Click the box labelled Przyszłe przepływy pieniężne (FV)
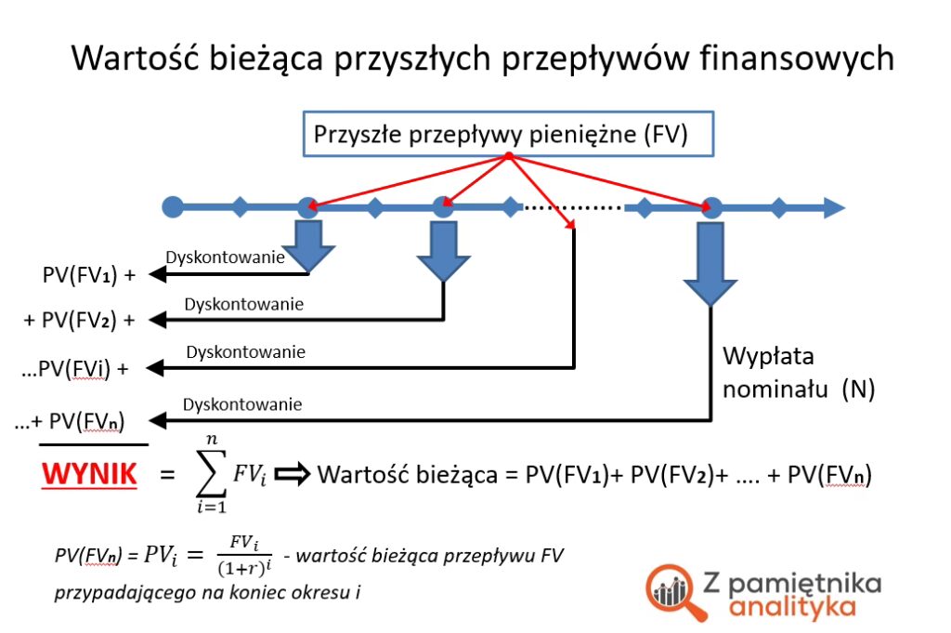pyautogui.click(x=507, y=134)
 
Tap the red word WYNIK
pyautogui.click(x=89, y=476)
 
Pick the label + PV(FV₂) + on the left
pyautogui.click(x=79, y=321)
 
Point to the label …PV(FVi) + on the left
pyautogui.click(x=74, y=368)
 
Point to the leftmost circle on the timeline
pyautogui.click(x=173, y=206)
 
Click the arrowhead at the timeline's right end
pyautogui.click(x=833, y=207)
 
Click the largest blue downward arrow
pyautogui.click(x=710, y=264)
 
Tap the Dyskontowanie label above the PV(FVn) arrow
pyautogui.click(x=242, y=404)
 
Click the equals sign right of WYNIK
pyautogui.click(x=167, y=476)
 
